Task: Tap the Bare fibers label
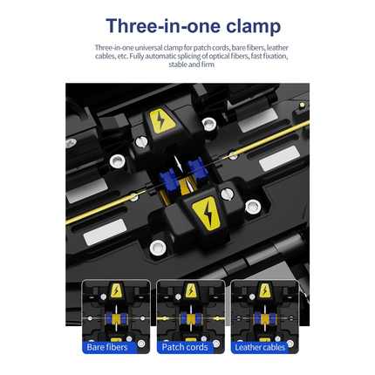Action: point(108,346)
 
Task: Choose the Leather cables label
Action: point(258,346)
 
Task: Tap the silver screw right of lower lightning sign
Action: point(252,207)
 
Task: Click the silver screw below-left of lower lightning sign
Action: point(157,248)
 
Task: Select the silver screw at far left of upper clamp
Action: point(116,160)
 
